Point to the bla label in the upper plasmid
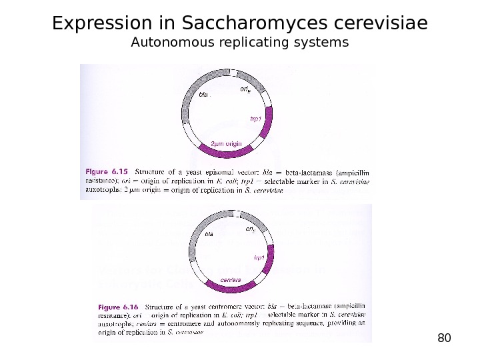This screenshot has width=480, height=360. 204,95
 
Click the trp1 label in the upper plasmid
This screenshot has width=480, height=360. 255,118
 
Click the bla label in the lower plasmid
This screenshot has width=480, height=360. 209,235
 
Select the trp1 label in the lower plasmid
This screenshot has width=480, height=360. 259,256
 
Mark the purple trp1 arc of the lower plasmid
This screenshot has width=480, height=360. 269,263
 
